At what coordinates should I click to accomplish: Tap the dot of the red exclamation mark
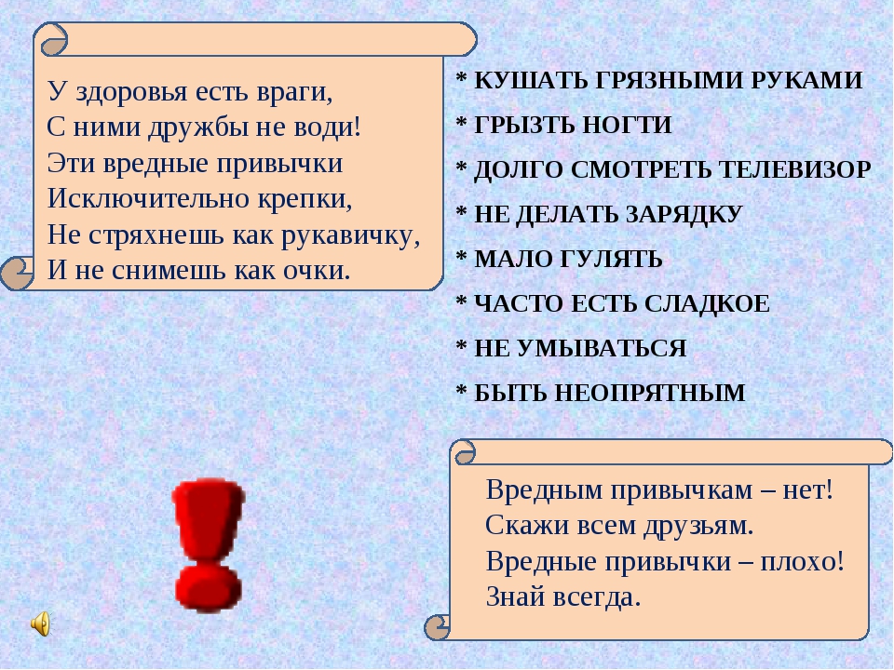[210, 587]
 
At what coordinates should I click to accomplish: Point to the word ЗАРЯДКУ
[688, 214]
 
